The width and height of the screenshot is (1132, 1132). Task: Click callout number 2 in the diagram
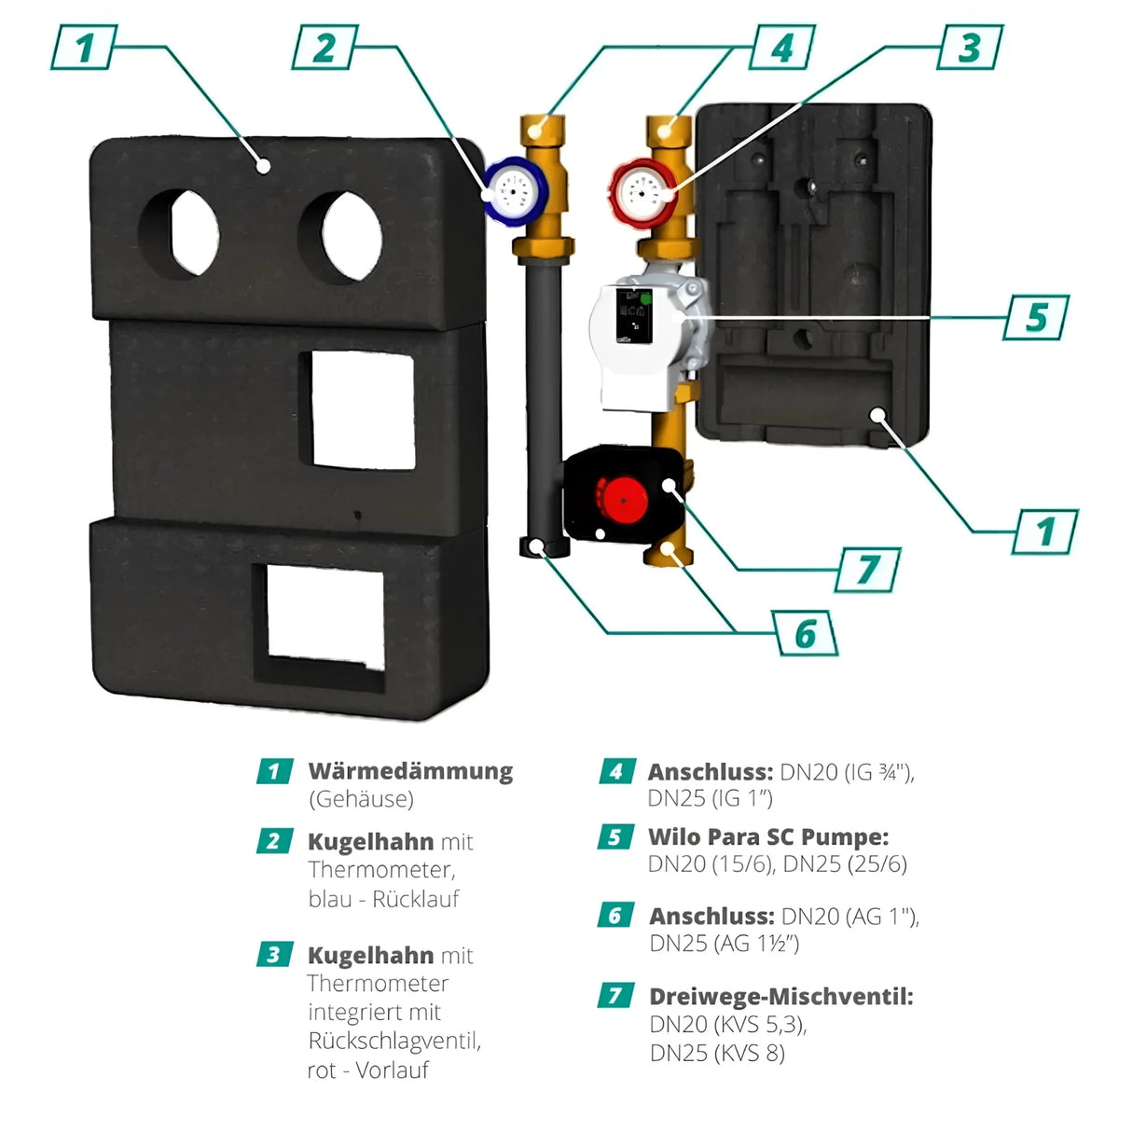[324, 47]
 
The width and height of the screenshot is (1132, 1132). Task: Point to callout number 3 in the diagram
[970, 45]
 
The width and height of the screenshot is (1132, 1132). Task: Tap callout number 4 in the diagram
[782, 47]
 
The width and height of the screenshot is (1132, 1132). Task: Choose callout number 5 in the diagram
[1037, 316]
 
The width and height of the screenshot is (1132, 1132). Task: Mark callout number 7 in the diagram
[868, 568]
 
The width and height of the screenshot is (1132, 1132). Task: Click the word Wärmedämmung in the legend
[410, 771]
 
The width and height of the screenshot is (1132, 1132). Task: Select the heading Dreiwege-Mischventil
[780, 996]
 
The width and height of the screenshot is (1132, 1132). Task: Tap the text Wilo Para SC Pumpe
[768, 836]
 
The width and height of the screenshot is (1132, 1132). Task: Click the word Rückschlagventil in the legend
[394, 1041]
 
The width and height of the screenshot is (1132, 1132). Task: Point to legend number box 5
[614, 836]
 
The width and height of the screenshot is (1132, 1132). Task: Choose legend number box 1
[273, 771]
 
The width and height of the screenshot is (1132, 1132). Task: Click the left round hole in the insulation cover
[178, 233]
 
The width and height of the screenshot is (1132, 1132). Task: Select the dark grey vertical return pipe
[540, 392]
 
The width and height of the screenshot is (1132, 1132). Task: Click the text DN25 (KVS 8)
[717, 1053]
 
